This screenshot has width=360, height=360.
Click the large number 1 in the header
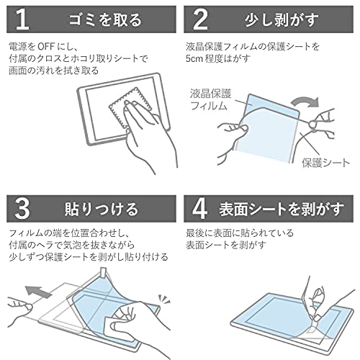pyautogui.click(x=23, y=19)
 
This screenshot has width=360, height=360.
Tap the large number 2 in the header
pyautogui.click(x=200, y=19)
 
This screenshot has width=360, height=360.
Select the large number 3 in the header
pyautogui.click(x=22, y=209)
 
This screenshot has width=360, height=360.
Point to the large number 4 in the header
pyautogui.click(x=199, y=209)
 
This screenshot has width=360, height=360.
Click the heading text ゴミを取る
pyautogui.click(x=105, y=19)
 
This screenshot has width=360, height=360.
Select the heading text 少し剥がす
pyautogui.click(x=282, y=19)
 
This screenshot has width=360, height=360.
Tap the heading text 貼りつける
pyautogui.click(x=102, y=209)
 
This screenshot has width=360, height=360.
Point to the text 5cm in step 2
pyautogui.click(x=194, y=59)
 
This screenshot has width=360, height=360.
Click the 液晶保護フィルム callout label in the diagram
pyautogui.click(x=210, y=99)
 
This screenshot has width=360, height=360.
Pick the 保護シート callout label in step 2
pyautogui.click(x=325, y=163)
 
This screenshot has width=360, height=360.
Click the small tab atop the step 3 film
pyautogui.click(x=104, y=271)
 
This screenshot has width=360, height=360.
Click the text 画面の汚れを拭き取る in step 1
pyautogui.click(x=54, y=71)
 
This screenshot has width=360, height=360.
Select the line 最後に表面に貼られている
pyautogui.click(x=240, y=233)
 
